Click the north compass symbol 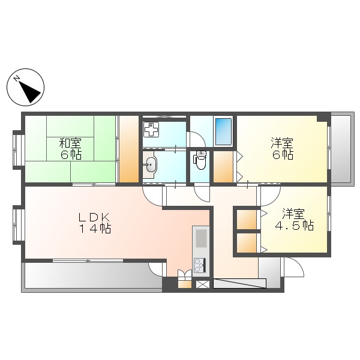tap(26, 88)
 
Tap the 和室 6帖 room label tap(70, 148)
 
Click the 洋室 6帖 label tap(281, 148)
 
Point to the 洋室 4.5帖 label tap(294, 220)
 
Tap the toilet tap(200, 161)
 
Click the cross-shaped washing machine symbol tap(151, 130)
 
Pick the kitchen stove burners tap(200, 264)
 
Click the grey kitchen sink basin tap(200, 238)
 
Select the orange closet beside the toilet tap(224, 167)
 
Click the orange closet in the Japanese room tap(128, 149)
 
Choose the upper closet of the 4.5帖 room tap(246, 220)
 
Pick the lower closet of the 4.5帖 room tap(246, 244)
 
